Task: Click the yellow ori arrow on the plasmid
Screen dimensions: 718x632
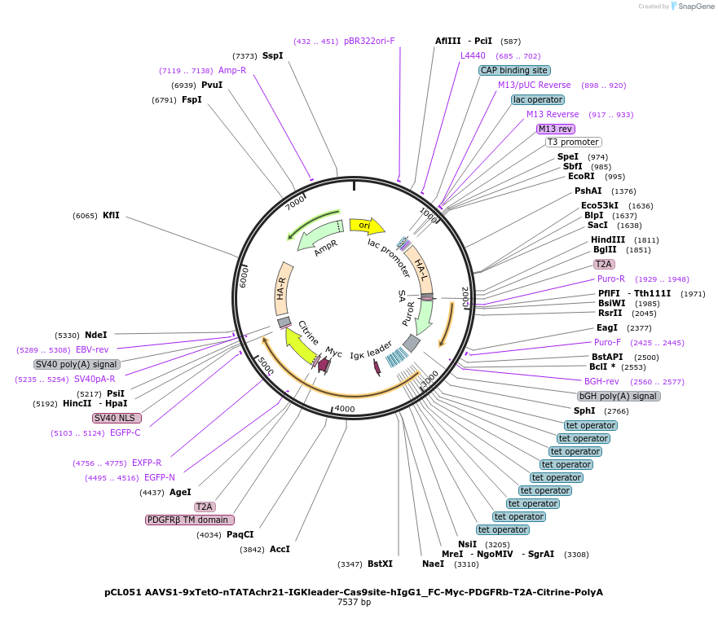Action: pos(366,225)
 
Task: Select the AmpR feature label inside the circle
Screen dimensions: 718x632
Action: pos(326,248)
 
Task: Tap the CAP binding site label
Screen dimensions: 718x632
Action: pos(514,70)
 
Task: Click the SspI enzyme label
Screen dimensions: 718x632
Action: pos(272,55)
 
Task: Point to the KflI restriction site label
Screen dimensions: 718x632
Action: pos(111,216)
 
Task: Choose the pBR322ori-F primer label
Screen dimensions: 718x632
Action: pos(369,41)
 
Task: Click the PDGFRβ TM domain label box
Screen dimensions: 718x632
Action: pos(189,520)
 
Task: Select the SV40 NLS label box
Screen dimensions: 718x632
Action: pos(117,418)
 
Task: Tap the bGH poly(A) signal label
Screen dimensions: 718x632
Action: pos(619,396)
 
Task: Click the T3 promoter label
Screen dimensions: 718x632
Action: pos(573,142)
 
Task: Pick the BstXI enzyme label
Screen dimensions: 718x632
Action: pos(380,564)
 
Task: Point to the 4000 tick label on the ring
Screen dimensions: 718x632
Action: pos(345,409)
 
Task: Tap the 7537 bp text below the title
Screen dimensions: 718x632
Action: pos(354,603)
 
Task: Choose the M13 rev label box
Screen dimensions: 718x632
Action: pos(555,129)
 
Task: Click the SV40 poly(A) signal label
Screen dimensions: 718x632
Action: pos(77,364)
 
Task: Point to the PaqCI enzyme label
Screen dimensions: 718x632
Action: pos(240,534)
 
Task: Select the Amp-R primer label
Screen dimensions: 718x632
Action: pos(231,70)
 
